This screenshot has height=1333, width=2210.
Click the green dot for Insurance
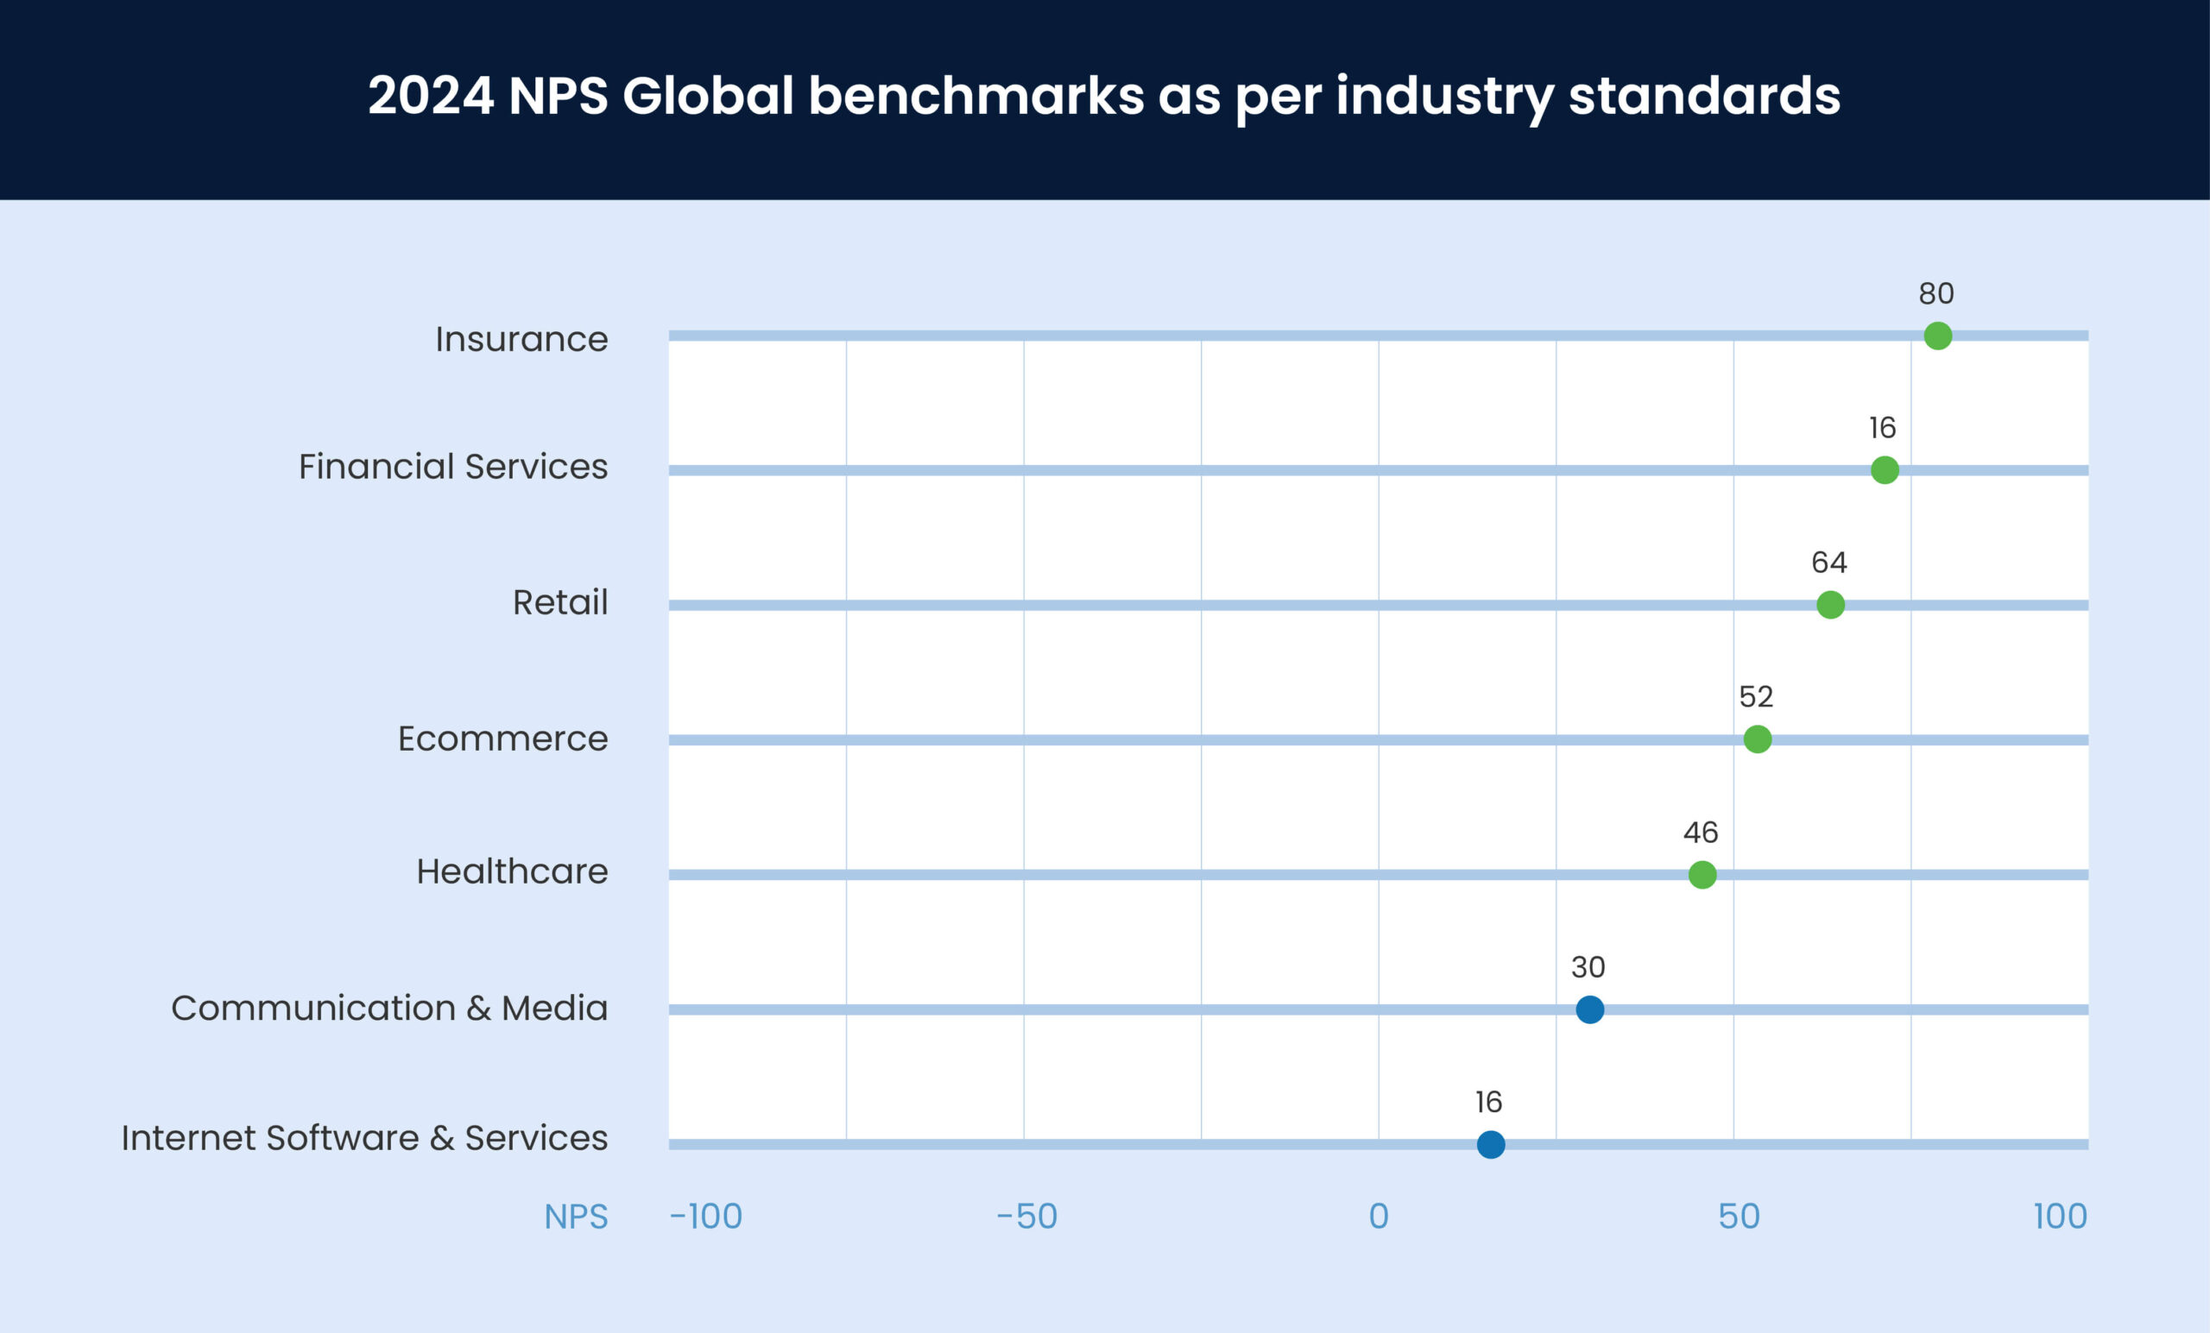click(x=1937, y=336)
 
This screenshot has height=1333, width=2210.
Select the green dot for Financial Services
click(x=1885, y=469)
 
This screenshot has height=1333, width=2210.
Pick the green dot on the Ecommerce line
click(x=1757, y=739)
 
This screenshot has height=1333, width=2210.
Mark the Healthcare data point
click(x=1702, y=874)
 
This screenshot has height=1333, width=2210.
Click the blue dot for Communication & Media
click(x=1589, y=1009)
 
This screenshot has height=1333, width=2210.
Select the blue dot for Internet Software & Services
click(x=1491, y=1145)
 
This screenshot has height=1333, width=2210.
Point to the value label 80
click(x=1936, y=293)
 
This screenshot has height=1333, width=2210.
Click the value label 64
click(x=1828, y=562)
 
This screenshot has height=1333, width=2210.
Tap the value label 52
click(x=1756, y=696)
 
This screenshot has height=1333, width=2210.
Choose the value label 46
click(x=1701, y=832)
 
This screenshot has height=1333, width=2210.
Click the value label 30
click(x=1588, y=966)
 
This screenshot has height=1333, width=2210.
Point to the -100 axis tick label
click(x=706, y=1217)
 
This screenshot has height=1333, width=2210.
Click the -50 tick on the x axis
click(x=1027, y=1217)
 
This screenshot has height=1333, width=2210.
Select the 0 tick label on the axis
click(x=1379, y=1217)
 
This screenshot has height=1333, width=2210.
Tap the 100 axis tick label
click(x=2059, y=1217)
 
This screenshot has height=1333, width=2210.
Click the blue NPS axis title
click(x=576, y=1217)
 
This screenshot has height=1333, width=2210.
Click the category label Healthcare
click(x=512, y=871)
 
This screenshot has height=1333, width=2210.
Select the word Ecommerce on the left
click(x=502, y=739)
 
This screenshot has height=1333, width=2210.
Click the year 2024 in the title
click(x=431, y=95)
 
